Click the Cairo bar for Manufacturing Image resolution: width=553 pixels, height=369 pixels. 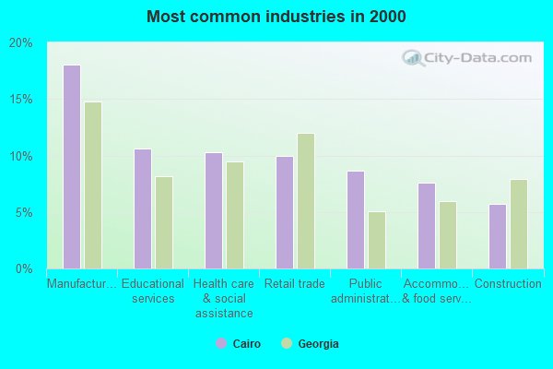click(71, 167)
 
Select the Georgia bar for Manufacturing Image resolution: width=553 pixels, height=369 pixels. click(93, 185)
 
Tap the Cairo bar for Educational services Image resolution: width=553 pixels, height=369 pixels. click(142, 208)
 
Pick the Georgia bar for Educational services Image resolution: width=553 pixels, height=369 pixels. click(164, 222)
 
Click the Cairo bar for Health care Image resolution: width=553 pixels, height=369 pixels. click(213, 210)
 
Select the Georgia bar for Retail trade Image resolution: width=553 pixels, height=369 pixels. click(306, 201)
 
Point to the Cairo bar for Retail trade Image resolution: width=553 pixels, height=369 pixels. click(284, 212)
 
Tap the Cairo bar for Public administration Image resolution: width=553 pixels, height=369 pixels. click(355, 220)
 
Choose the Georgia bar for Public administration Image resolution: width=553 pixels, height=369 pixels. click(377, 240)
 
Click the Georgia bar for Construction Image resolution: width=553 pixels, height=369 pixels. click(519, 224)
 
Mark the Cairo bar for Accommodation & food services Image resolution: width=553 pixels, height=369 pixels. click(426, 226)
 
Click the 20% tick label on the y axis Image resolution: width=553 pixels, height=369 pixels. click(21, 42)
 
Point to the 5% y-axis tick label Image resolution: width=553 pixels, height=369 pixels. click(24, 212)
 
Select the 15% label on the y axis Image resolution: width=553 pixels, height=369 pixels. click(21, 100)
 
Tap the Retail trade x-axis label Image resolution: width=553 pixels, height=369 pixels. click(295, 284)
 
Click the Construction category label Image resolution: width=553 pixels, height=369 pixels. click(508, 284)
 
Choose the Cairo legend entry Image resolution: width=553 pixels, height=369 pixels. click(239, 344)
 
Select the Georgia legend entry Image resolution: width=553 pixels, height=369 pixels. click(310, 344)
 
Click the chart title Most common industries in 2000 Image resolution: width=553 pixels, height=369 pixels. click(276, 17)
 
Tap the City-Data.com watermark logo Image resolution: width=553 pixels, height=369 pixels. click(466, 57)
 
